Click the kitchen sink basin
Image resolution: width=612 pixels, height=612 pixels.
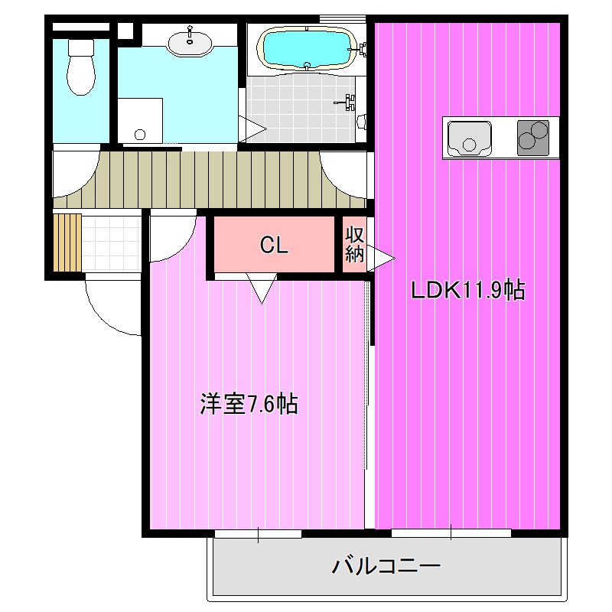(466, 138)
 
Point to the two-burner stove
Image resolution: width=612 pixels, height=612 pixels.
(533, 138)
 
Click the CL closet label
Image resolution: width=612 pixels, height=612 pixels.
(273, 246)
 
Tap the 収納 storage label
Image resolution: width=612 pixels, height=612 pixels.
(354, 245)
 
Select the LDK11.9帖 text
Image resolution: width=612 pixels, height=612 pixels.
(467, 291)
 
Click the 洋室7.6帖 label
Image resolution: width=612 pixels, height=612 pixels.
(249, 403)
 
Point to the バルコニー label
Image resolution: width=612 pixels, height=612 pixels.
(386, 567)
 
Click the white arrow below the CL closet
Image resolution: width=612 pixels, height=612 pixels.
(262, 288)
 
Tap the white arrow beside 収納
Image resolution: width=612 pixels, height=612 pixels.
(381, 258)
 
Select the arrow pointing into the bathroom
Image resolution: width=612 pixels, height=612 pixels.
(252, 127)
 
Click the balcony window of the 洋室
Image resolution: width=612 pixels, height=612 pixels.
(259, 533)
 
